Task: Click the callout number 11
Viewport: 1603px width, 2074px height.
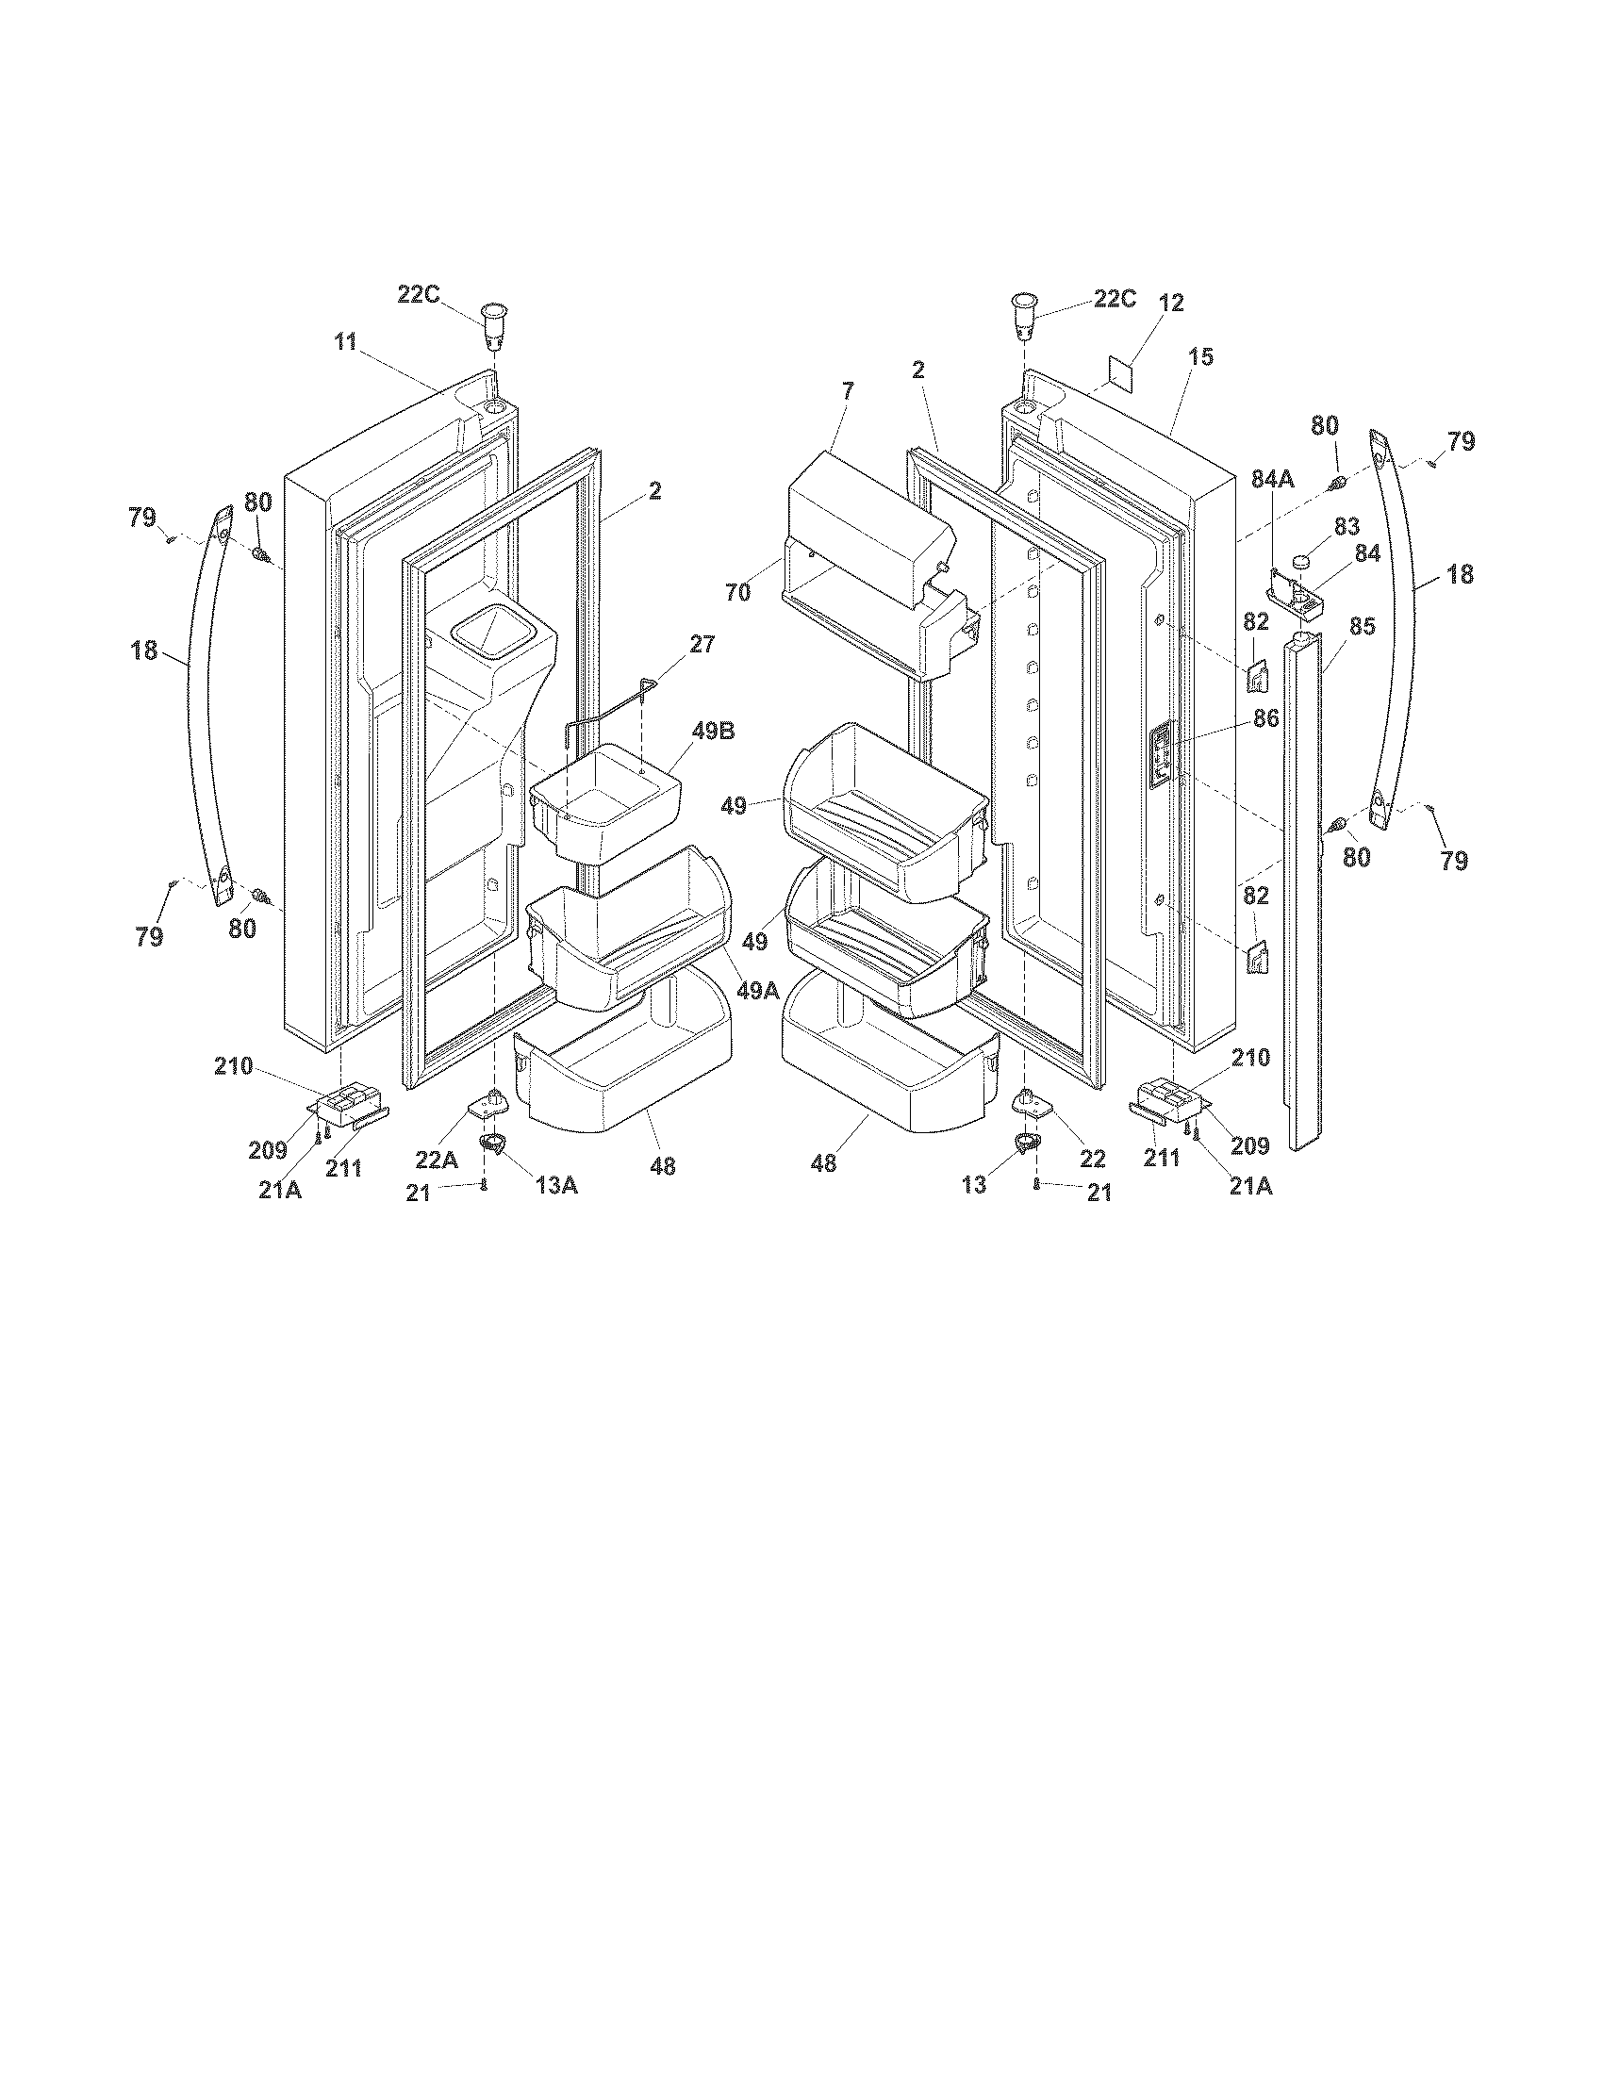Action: [345, 342]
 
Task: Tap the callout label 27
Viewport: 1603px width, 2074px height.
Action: [702, 644]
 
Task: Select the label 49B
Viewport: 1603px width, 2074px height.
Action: [713, 732]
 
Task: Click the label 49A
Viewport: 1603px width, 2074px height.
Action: [758, 991]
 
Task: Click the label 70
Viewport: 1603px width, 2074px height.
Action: [738, 593]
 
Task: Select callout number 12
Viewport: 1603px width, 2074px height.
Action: [1172, 303]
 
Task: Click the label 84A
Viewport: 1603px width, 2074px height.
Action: [1272, 481]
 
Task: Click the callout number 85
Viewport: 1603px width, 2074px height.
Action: [1362, 627]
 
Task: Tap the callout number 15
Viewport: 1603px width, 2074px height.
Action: [1200, 358]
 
